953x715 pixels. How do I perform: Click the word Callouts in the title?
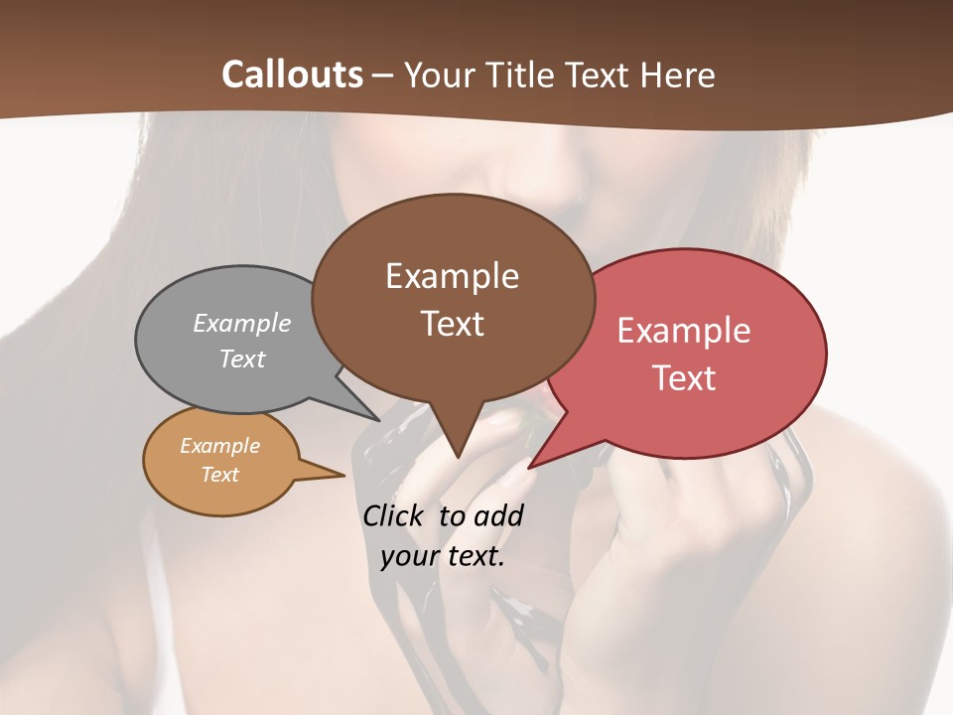click(x=292, y=74)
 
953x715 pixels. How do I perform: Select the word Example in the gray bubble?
click(x=242, y=323)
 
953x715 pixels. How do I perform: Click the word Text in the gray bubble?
click(x=242, y=358)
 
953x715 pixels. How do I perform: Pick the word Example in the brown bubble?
click(x=452, y=276)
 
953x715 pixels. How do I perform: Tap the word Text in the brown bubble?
click(x=452, y=324)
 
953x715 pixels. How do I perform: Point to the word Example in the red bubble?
click(x=684, y=331)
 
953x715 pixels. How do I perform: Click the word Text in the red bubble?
click(x=684, y=378)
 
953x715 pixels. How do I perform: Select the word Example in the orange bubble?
click(x=219, y=446)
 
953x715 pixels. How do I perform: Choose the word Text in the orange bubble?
click(x=219, y=475)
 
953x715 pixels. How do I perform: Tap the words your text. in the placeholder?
click(x=443, y=556)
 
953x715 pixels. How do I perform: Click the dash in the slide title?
click(x=382, y=75)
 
